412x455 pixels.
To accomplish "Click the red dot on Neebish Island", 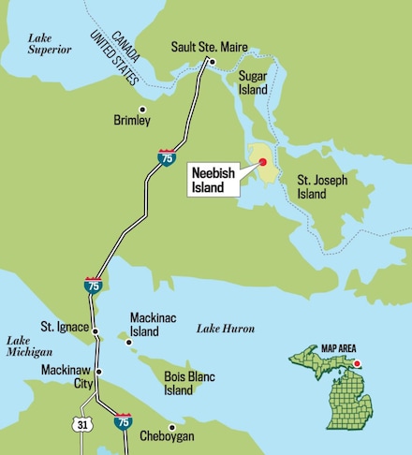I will (x=263, y=162).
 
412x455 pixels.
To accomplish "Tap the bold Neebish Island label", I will (x=213, y=179).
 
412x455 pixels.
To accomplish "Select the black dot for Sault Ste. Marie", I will (x=213, y=63).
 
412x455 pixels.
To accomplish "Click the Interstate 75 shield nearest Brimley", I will (x=166, y=157).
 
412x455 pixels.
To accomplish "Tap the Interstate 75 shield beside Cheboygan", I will (x=123, y=423).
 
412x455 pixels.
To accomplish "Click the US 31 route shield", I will (x=82, y=425).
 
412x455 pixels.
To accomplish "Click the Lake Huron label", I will (x=226, y=329).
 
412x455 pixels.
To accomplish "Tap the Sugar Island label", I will (x=253, y=82).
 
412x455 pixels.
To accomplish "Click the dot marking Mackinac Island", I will (x=129, y=342).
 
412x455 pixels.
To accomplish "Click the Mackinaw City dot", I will (x=98, y=371).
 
